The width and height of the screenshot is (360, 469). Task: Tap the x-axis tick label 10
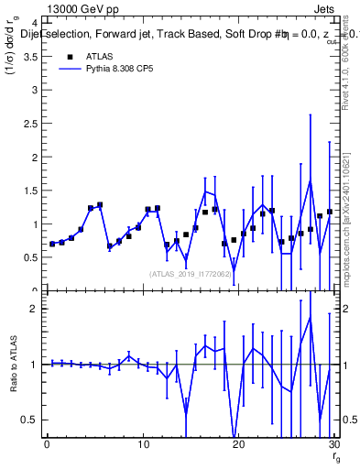pyautogui.click(x=143, y=444)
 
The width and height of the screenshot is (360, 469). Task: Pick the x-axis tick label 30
pyautogui.click(x=334, y=444)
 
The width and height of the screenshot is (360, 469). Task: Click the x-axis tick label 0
pyautogui.click(x=47, y=444)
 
